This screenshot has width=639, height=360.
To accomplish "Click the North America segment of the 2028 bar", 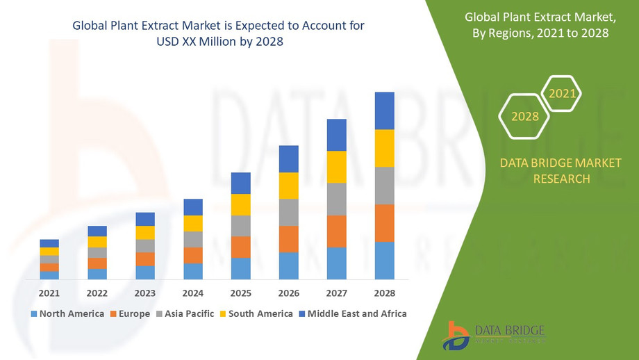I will click(x=384, y=261).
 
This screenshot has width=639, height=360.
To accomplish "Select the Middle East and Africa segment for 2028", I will click(x=384, y=111).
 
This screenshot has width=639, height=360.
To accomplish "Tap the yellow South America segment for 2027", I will click(x=336, y=167).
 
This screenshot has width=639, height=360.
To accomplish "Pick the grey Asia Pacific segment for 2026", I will click(x=288, y=213).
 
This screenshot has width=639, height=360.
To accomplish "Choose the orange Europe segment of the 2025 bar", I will click(x=240, y=247).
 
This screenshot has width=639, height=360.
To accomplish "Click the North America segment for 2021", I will click(x=49, y=275).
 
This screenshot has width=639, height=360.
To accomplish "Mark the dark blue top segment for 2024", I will click(x=193, y=207).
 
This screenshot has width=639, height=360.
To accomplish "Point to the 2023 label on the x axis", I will click(x=145, y=293).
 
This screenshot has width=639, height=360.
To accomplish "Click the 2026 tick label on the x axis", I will click(x=288, y=293).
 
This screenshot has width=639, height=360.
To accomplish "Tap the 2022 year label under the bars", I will click(x=97, y=293).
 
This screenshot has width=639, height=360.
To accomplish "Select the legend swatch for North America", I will click(x=33, y=314).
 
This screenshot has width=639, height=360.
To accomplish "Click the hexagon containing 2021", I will click(x=561, y=92).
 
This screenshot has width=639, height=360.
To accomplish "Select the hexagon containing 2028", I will click(x=525, y=116).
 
